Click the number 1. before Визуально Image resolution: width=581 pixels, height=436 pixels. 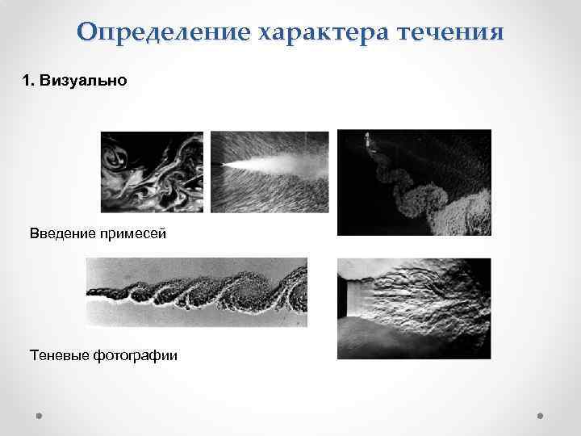(x=27, y=81)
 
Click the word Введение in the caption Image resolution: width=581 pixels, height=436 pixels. (x=63, y=233)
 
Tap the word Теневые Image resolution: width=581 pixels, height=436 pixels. (x=59, y=354)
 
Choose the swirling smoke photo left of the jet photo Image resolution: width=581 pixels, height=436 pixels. (x=152, y=171)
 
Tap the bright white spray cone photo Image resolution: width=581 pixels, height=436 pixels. (x=270, y=171)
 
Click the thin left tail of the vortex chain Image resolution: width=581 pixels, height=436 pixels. (x=101, y=293)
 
